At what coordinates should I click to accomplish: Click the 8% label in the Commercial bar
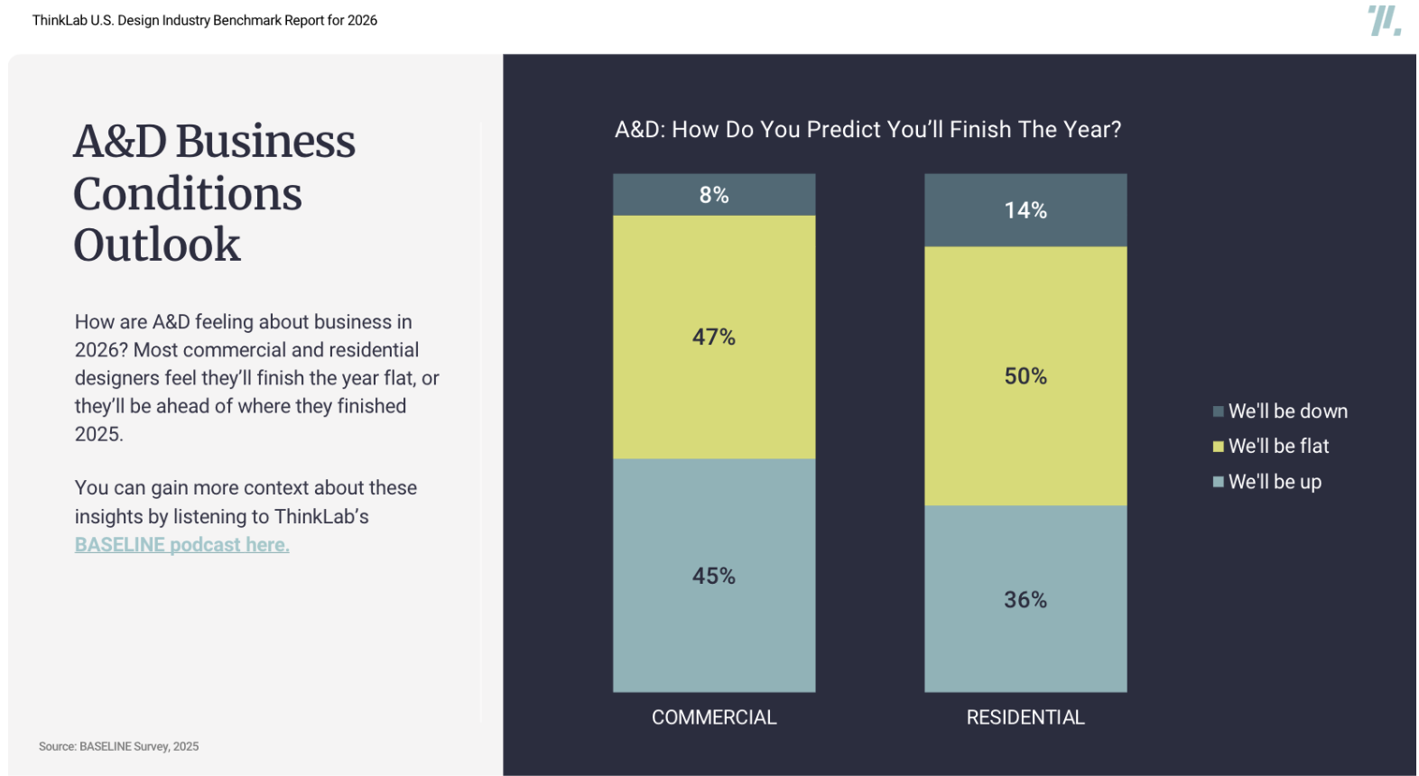pyautogui.click(x=714, y=195)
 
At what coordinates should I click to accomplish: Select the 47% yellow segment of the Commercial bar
pyautogui.click(x=714, y=337)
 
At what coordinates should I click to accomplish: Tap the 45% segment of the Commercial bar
pyautogui.click(x=714, y=575)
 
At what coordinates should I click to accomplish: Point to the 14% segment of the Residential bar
pyautogui.click(x=1025, y=210)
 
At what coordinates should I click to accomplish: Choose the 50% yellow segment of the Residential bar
pyautogui.click(x=1025, y=375)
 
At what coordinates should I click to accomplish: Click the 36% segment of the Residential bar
pyautogui.click(x=1025, y=598)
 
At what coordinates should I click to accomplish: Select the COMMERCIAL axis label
pyautogui.click(x=714, y=717)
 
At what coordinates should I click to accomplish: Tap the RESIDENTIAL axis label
pyautogui.click(x=1025, y=717)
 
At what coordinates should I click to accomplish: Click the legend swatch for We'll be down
pyautogui.click(x=1219, y=411)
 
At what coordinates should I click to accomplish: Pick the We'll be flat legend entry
pyautogui.click(x=1271, y=446)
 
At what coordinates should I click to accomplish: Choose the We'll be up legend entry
pyautogui.click(x=1267, y=482)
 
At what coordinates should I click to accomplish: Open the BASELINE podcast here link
pyautogui.click(x=181, y=545)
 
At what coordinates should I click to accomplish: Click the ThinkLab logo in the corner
pyautogui.click(x=1384, y=21)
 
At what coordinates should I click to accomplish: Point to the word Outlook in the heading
pyautogui.click(x=157, y=245)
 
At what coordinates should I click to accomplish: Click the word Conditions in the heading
pyautogui.click(x=188, y=193)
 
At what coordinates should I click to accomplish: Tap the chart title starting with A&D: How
pyautogui.click(x=867, y=129)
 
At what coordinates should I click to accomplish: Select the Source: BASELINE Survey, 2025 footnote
pyautogui.click(x=118, y=746)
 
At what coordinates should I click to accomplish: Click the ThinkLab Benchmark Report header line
pyautogui.click(x=205, y=20)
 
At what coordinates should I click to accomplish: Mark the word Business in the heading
pyautogui.click(x=265, y=142)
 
